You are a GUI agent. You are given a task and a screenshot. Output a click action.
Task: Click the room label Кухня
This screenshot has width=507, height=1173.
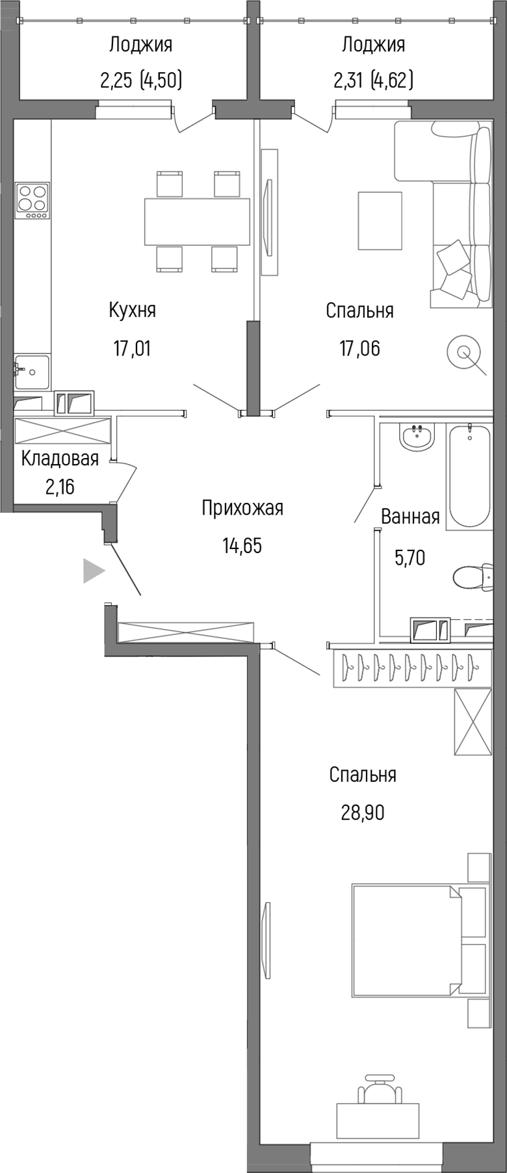click(x=132, y=310)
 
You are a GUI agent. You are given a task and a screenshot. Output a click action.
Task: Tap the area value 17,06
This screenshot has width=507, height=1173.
click(x=359, y=348)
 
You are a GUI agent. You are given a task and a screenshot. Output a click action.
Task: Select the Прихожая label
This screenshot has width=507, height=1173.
click(x=242, y=508)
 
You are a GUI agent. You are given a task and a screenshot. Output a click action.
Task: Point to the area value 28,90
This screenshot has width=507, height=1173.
click(x=363, y=812)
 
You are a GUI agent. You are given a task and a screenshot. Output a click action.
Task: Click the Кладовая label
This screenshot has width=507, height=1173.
click(x=60, y=459)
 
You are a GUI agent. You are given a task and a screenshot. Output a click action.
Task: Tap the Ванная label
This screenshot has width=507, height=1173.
click(x=410, y=517)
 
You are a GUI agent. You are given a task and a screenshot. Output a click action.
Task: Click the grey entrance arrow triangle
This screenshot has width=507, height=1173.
click(x=93, y=571)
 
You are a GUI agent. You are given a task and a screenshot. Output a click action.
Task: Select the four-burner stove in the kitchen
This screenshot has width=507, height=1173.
click(x=32, y=200)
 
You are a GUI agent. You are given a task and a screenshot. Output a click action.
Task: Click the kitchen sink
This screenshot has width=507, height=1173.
click(x=32, y=371)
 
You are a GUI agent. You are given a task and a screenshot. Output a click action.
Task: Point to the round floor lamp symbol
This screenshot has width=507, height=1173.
click(x=463, y=352)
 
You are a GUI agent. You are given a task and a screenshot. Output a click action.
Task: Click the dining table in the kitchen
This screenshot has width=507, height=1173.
click(x=197, y=222)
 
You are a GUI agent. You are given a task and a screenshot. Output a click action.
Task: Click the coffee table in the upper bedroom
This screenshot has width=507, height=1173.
click(x=380, y=220)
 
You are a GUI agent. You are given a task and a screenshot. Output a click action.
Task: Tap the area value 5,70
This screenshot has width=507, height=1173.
click(x=410, y=558)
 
